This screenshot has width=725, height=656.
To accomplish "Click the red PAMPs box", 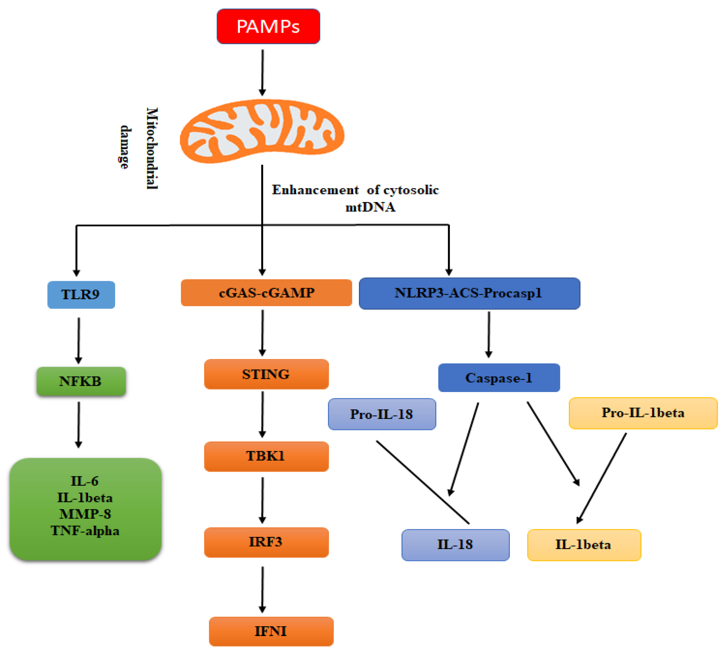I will click(268, 26).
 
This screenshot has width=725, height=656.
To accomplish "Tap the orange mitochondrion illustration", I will click(262, 131).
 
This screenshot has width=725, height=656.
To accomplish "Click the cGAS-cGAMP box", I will click(266, 293).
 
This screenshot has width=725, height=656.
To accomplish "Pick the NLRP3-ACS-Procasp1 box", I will click(469, 293).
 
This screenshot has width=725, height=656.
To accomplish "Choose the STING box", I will click(266, 374).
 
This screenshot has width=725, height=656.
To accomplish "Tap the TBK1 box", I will click(266, 456).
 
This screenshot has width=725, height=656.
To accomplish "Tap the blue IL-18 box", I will click(455, 544).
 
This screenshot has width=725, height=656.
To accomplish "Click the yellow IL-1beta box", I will click(584, 544).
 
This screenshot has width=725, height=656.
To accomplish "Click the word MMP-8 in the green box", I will click(85, 514).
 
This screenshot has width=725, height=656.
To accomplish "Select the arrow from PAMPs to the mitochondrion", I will click(262, 72).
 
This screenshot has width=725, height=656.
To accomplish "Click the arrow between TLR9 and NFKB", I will click(79, 340).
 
